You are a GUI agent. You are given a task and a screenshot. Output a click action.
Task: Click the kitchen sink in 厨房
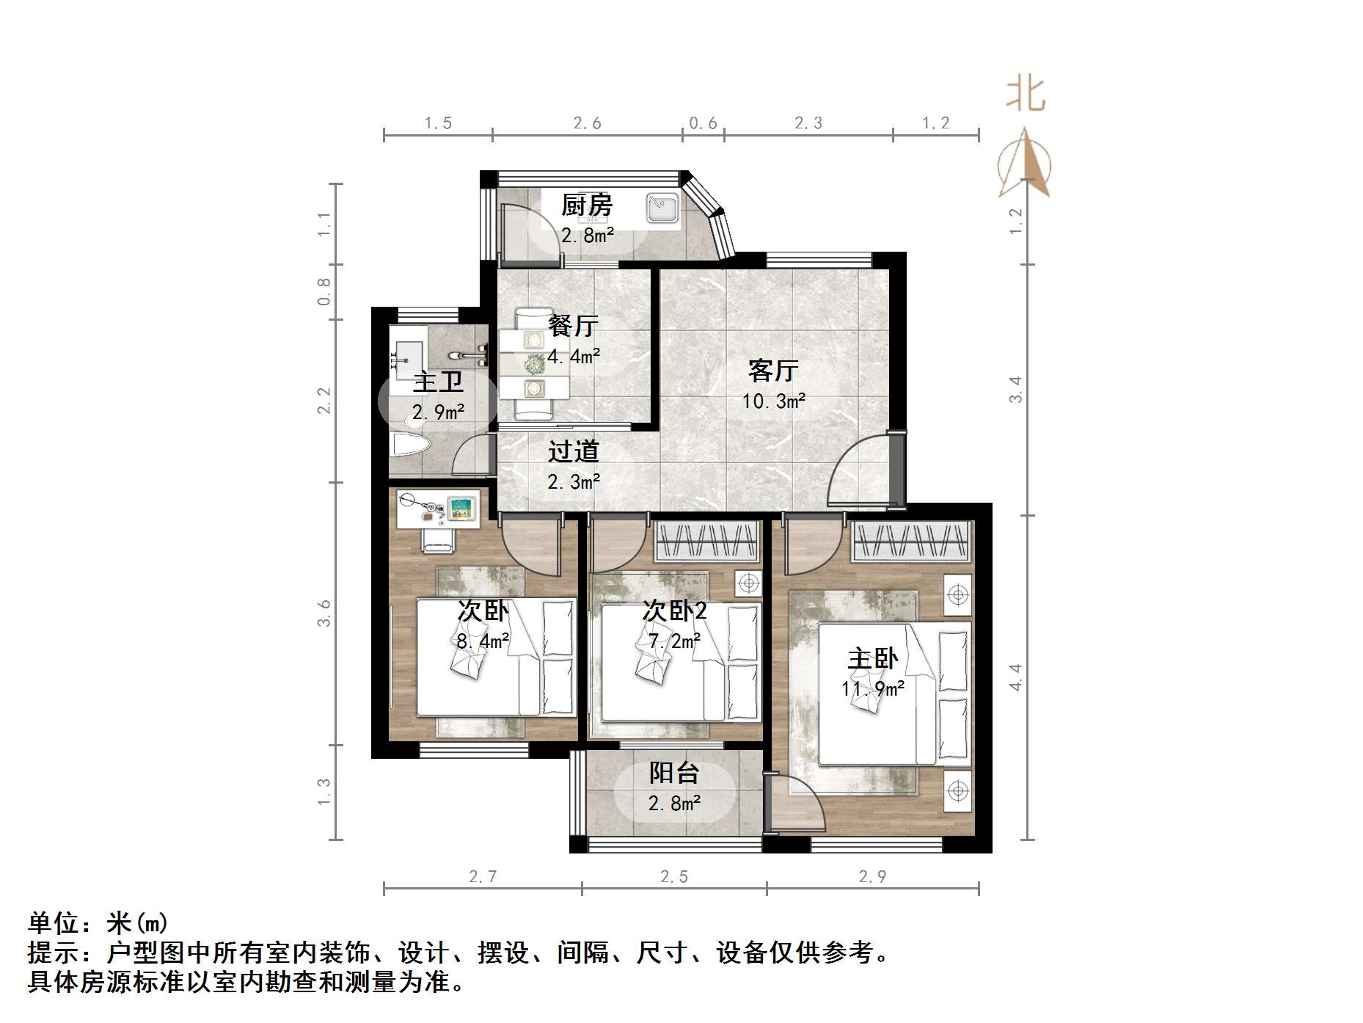pos(663,208)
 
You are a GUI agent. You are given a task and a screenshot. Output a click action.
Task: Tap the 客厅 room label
pos(773,371)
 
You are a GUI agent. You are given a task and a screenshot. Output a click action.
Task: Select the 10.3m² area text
pos(773,401)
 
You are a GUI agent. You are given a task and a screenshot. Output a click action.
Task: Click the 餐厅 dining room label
pos(573,325)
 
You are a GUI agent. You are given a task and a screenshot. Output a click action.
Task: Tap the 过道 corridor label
pos(573,451)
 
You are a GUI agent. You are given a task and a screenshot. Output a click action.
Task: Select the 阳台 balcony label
pos(673,773)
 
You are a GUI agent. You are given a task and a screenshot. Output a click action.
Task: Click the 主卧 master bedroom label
pos(872,658)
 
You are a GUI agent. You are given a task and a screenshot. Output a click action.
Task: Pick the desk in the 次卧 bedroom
pos(439,509)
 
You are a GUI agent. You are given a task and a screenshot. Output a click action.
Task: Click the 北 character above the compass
pos(1025,95)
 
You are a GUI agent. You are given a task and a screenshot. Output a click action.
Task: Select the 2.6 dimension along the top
pos(587,123)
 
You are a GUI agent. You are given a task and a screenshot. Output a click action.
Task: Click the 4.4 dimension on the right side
pos(1015,677)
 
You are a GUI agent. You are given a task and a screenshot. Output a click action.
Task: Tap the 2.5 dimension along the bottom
pos(673,876)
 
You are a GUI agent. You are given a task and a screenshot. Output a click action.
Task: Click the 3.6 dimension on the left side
pos(324,614)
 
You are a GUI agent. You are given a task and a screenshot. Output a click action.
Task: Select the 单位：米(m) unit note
pos(98,922)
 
